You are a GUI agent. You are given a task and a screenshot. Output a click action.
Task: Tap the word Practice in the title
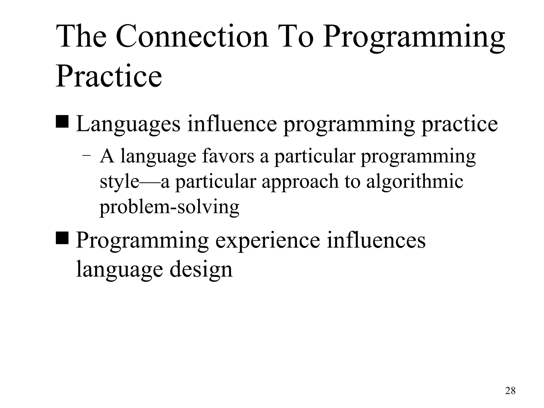[109, 76]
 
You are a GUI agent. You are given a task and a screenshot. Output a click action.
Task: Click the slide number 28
[510, 391]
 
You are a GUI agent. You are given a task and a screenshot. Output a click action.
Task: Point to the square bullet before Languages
[62, 121]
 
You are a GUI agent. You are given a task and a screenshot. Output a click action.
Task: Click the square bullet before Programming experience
[62, 237]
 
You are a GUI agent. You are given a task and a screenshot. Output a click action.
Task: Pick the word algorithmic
[415, 182]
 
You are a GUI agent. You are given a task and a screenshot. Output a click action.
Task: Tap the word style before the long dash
[119, 182]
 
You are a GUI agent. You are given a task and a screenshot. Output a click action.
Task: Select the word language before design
[120, 270]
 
